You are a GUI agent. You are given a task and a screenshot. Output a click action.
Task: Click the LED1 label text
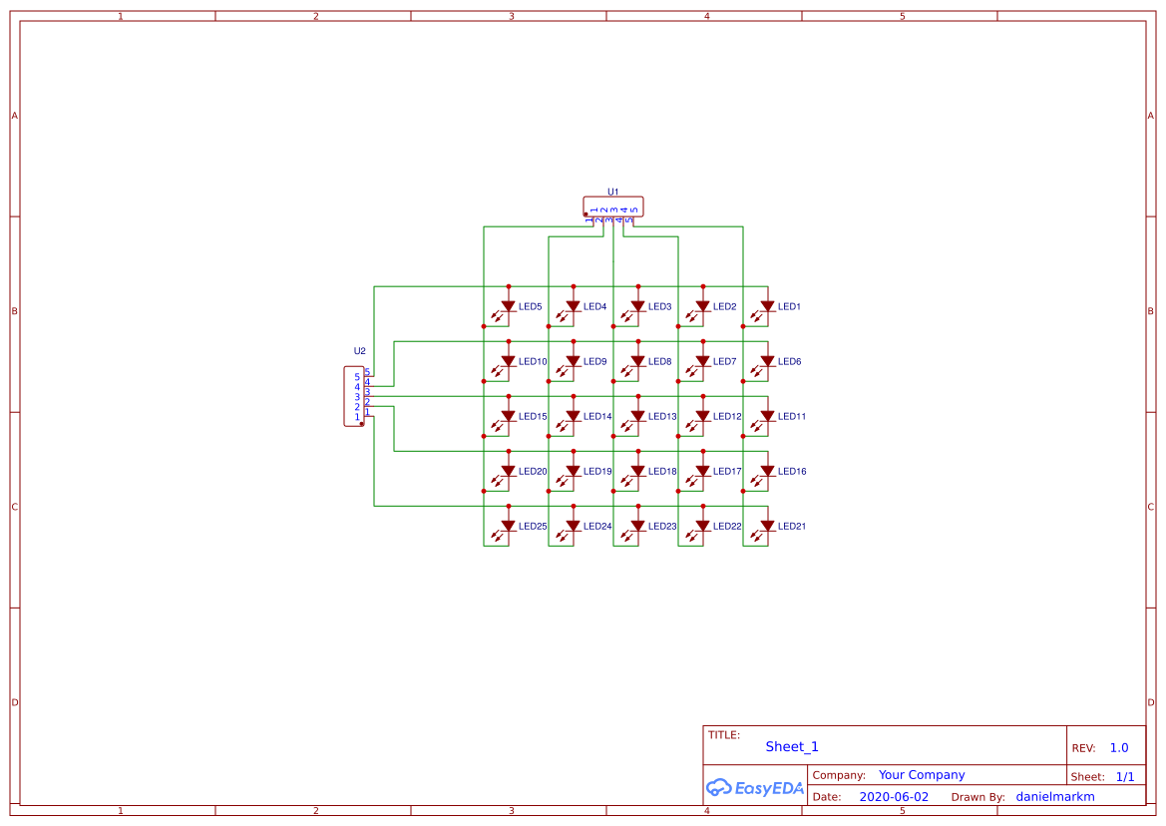(789, 307)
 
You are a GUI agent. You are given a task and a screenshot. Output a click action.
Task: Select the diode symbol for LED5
(508, 306)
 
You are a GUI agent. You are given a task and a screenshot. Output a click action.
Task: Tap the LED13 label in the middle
(662, 417)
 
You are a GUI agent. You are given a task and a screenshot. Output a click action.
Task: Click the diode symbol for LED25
(508, 526)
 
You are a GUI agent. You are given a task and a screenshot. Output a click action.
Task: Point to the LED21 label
(791, 527)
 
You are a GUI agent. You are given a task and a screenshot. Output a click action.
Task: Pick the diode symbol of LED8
(637, 361)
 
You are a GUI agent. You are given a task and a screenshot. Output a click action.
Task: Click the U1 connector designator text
(613, 192)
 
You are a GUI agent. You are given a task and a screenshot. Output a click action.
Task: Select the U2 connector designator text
(360, 351)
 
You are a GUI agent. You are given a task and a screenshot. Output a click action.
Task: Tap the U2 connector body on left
(354, 397)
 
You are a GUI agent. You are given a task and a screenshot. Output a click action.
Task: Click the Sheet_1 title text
(792, 747)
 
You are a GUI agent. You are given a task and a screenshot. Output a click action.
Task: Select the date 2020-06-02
(894, 797)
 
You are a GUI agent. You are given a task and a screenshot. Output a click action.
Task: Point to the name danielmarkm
(1055, 797)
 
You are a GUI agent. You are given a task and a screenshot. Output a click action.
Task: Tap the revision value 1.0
(1119, 748)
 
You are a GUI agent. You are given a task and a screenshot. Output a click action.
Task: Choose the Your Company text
(922, 775)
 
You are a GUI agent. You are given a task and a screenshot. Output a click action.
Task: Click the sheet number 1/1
(1125, 776)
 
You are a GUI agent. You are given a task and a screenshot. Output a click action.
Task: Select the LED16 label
(792, 472)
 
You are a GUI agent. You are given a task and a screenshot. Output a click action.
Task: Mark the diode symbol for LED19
(573, 471)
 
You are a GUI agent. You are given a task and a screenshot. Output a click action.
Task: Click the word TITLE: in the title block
(724, 735)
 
